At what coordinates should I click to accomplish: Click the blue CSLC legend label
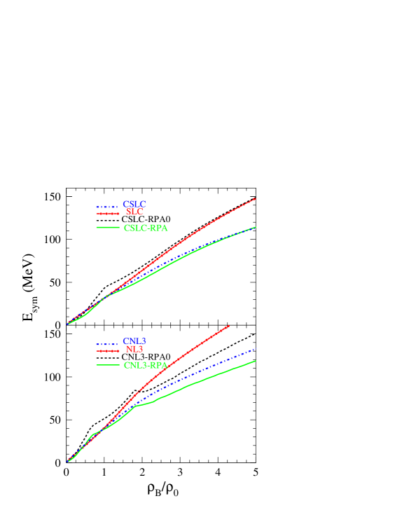134,205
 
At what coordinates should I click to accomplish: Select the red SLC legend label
135,212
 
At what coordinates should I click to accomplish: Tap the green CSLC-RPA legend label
146,228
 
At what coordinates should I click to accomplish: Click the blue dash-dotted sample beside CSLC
108,207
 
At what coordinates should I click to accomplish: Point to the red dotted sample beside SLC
108,214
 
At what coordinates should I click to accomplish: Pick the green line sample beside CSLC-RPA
108,228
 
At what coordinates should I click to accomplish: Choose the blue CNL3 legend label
134,342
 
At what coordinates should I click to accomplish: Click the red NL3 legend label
134,350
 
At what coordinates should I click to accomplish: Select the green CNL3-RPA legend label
146,366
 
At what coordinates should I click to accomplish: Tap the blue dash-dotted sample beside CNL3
108,344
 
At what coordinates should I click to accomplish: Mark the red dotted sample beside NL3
108,351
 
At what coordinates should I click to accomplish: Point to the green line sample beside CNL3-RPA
108,365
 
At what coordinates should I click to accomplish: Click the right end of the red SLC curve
256,199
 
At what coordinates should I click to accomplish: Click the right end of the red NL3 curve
229,326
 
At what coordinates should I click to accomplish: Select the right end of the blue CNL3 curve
256,348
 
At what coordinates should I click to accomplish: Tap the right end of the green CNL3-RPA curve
256,361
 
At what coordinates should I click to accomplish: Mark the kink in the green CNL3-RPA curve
134,406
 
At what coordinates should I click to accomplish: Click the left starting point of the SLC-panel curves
68,324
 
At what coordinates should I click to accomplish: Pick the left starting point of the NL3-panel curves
68,461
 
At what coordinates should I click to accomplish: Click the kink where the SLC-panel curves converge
105,296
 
